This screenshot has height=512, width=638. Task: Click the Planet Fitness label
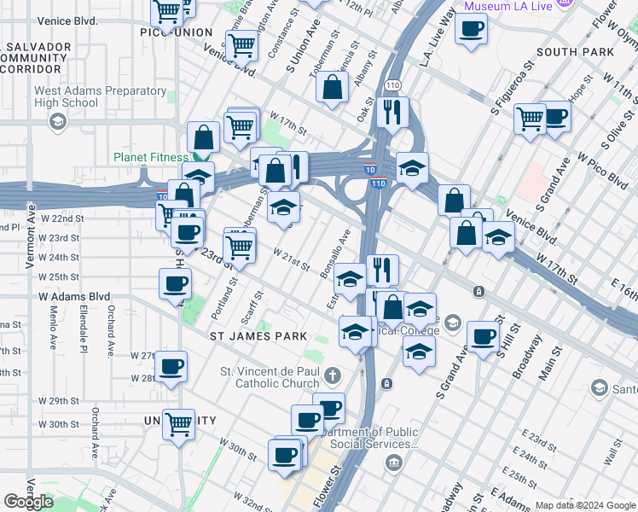tap(151, 157)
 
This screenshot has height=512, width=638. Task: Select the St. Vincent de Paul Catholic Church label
tap(269, 377)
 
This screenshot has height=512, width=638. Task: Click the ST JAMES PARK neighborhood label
tap(258, 336)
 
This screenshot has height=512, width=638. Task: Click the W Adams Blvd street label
tap(75, 296)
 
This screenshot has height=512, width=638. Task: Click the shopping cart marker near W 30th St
tap(179, 423)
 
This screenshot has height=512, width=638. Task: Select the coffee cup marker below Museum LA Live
tap(471, 30)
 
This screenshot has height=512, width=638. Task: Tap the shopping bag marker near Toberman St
tap(331, 87)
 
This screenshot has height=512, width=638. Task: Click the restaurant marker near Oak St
tap(392, 111)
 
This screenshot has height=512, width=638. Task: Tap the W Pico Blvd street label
tap(602, 168)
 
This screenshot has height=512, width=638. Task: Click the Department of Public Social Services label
tap(372, 438)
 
